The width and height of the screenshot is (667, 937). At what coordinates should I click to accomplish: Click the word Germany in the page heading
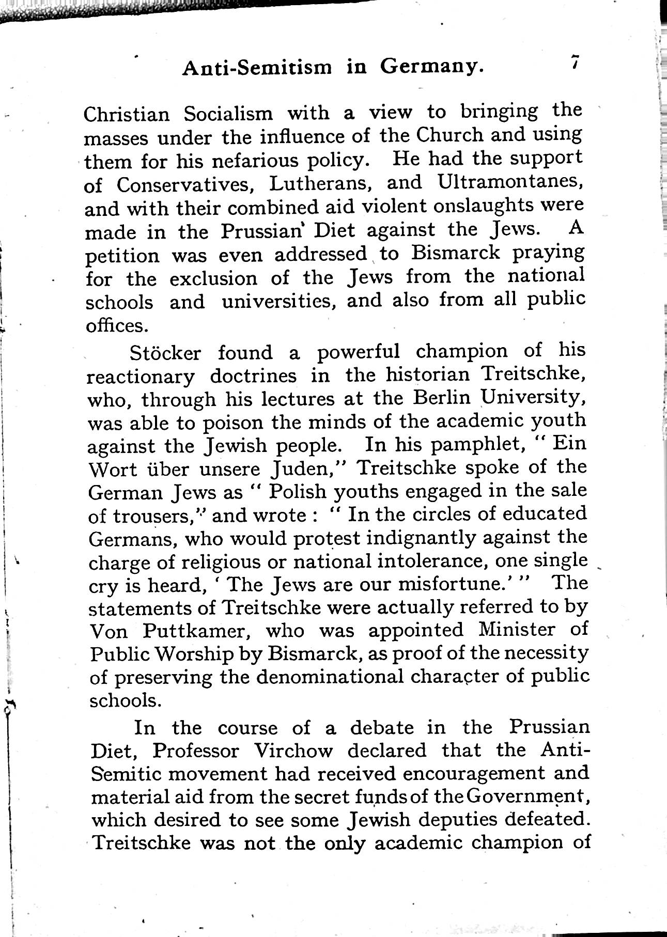coord(433,66)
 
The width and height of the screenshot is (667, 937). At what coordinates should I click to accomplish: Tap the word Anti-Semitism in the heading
coord(257,67)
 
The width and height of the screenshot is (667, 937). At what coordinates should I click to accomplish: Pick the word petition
coord(123,256)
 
